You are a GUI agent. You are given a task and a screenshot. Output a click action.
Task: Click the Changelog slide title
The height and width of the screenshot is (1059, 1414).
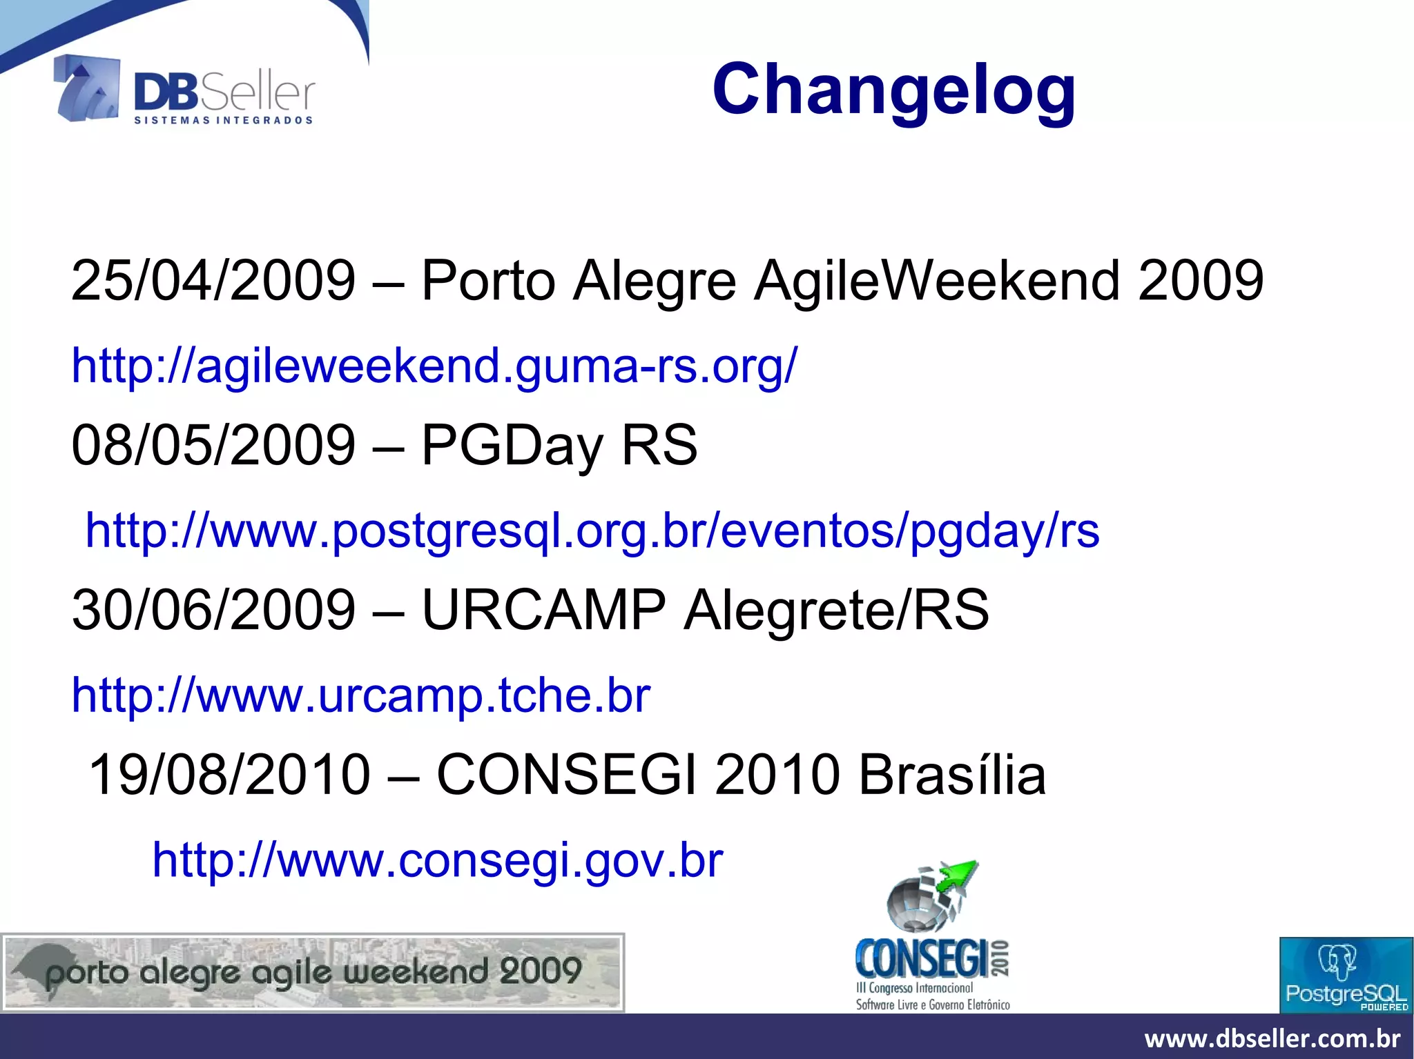pyautogui.click(x=893, y=90)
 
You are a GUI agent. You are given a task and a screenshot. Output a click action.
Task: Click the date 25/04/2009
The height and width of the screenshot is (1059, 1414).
pyautogui.click(x=213, y=281)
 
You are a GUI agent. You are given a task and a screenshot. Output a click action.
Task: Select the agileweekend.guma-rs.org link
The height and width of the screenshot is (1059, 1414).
pyautogui.click(x=434, y=365)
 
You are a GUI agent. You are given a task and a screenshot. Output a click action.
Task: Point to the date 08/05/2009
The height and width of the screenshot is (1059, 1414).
pyautogui.click(x=213, y=445)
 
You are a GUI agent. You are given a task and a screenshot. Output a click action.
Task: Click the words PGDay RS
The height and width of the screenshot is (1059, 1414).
pyautogui.click(x=559, y=445)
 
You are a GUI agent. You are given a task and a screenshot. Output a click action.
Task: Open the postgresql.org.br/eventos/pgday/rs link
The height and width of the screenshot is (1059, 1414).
pyautogui.click(x=592, y=531)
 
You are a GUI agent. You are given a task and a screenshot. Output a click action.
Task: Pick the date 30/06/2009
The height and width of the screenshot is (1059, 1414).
pyautogui.click(x=213, y=610)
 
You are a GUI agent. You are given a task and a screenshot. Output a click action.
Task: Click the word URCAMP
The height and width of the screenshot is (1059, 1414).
pyautogui.click(x=543, y=610)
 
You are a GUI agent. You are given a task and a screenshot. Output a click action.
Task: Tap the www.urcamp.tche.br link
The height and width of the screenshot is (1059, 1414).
pyautogui.click(x=361, y=695)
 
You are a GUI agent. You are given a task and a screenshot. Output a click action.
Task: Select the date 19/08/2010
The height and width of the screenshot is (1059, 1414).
pyautogui.click(x=230, y=775)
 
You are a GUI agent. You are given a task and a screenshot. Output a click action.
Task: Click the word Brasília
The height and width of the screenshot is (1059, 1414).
pyautogui.click(x=952, y=775)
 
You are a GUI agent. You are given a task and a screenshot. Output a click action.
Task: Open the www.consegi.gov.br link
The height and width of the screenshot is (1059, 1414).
pyautogui.click(x=438, y=860)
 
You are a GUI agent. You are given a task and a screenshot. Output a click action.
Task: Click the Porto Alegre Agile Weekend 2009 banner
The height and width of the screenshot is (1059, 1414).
pyautogui.click(x=313, y=973)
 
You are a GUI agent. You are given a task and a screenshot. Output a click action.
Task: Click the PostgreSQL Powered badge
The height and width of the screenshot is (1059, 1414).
pyautogui.click(x=1346, y=975)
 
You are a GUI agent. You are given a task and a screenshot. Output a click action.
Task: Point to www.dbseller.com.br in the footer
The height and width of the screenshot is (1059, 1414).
pyautogui.click(x=1272, y=1038)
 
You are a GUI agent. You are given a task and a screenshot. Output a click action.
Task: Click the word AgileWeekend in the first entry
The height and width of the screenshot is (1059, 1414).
pyautogui.click(x=937, y=281)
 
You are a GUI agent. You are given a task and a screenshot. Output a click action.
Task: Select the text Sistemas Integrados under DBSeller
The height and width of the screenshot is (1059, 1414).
pyautogui.click(x=223, y=121)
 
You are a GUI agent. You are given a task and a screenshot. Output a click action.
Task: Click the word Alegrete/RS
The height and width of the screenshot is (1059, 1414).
pyautogui.click(x=836, y=610)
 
